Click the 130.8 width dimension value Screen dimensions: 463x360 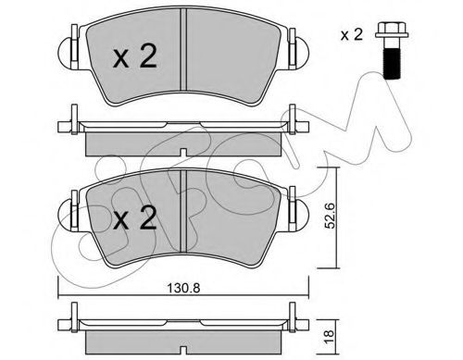[183, 288]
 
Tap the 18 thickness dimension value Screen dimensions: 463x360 [329, 335]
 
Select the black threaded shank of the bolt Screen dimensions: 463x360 [392, 62]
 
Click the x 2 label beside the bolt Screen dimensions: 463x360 [352, 35]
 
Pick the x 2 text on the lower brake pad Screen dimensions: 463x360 [135, 218]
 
